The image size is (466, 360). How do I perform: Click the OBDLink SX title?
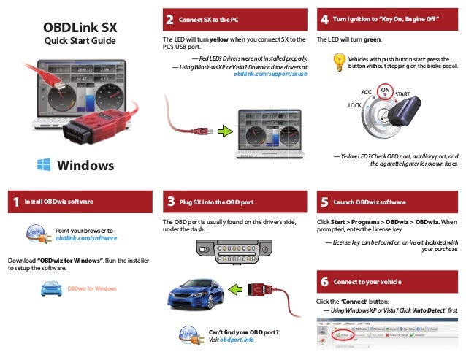tap(80, 27)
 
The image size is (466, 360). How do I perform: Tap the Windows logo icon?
tap(45, 165)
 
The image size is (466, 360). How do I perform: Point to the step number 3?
tap(169, 202)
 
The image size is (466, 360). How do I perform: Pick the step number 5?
tap(324, 202)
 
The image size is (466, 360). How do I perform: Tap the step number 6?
tap(324, 281)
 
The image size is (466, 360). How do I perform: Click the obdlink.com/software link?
tap(85, 239)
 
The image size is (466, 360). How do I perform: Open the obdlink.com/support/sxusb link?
tap(270, 74)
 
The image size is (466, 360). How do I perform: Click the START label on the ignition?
tap(402, 96)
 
